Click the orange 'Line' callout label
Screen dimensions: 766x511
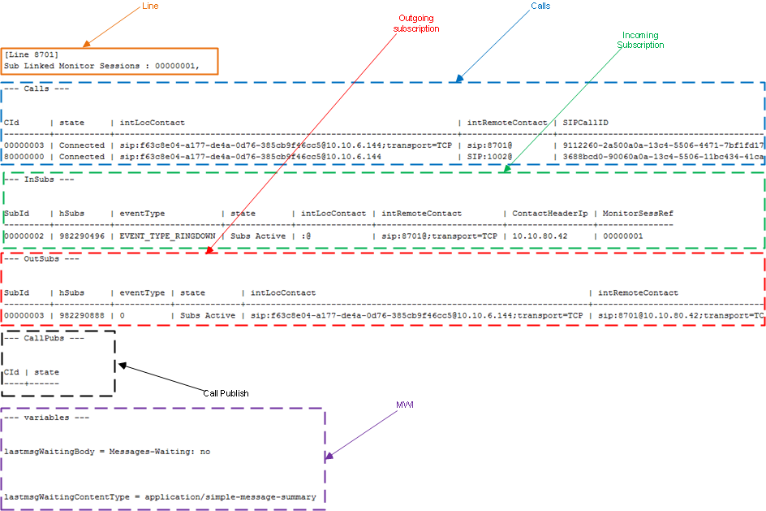coord(150,6)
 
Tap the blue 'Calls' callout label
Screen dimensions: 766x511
coord(540,6)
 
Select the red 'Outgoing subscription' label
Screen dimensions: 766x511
coord(416,24)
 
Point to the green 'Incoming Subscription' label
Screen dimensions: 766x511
coord(640,40)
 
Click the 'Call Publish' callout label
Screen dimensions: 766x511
coord(226,393)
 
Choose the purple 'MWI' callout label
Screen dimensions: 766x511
coord(404,405)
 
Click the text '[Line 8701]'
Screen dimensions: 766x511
coord(32,54)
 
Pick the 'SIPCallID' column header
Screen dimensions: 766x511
coord(585,123)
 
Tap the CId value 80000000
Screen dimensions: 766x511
coord(24,157)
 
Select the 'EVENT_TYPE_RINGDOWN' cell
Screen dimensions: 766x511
coord(167,236)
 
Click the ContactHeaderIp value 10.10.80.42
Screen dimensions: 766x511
coord(540,236)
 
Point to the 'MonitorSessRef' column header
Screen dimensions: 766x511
coord(638,213)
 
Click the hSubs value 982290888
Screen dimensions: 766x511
coord(82,315)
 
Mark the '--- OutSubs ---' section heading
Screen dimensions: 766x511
coord(41,258)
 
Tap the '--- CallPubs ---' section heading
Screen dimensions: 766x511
coord(44,338)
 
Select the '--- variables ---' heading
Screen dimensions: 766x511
coord(46,418)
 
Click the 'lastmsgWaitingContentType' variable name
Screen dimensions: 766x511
coord(67,497)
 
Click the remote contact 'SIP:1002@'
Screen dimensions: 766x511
coord(489,157)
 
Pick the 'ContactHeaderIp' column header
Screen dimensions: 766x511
coord(549,213)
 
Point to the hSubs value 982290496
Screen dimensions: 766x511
coord(82,236)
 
